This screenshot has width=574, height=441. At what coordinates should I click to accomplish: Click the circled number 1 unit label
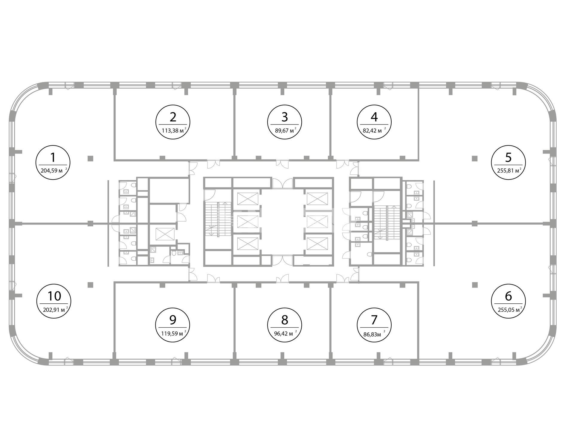coord(53,157)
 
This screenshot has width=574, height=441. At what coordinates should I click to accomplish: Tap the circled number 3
coord(285,117)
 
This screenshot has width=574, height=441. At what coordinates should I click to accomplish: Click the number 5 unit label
coord(508,157)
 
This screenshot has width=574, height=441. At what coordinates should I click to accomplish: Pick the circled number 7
coord(374,320)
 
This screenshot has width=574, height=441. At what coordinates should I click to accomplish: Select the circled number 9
coord(173,320)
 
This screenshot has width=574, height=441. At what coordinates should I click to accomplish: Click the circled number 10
coord(54,296)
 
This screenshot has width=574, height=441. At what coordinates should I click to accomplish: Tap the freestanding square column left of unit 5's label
coord(474,158)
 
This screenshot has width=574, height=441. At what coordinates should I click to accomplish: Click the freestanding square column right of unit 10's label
coord(91,285)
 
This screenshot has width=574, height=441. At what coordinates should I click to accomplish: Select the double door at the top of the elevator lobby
coord(283,183)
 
